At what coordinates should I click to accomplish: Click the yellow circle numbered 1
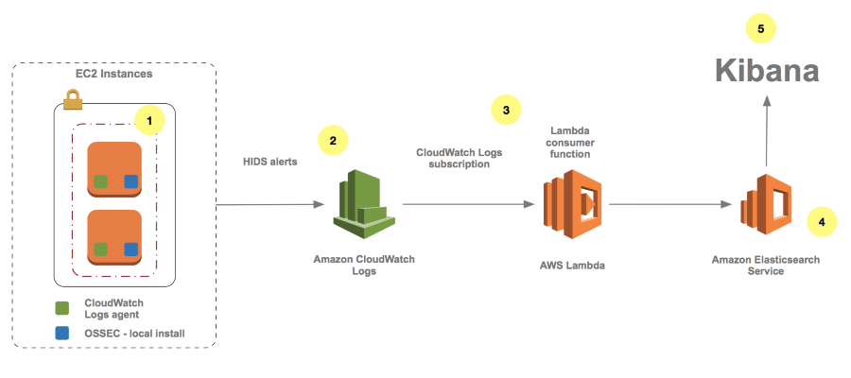tap(149, 119)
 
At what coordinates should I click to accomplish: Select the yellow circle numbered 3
tap(506, 110)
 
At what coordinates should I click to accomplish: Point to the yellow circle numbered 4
tap(821, 221)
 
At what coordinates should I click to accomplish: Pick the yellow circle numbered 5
tap(761, 28)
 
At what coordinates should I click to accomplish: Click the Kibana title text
tap(766, 72)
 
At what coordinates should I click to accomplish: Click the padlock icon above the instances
tap(73, 97)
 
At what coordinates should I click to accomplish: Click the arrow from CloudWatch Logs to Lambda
tap(464, 204)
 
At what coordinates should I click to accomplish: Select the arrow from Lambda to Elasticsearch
tap(672, 204)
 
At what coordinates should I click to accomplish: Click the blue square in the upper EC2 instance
tap(130, 180)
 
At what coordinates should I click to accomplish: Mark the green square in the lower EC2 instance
tap(99, 249)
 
